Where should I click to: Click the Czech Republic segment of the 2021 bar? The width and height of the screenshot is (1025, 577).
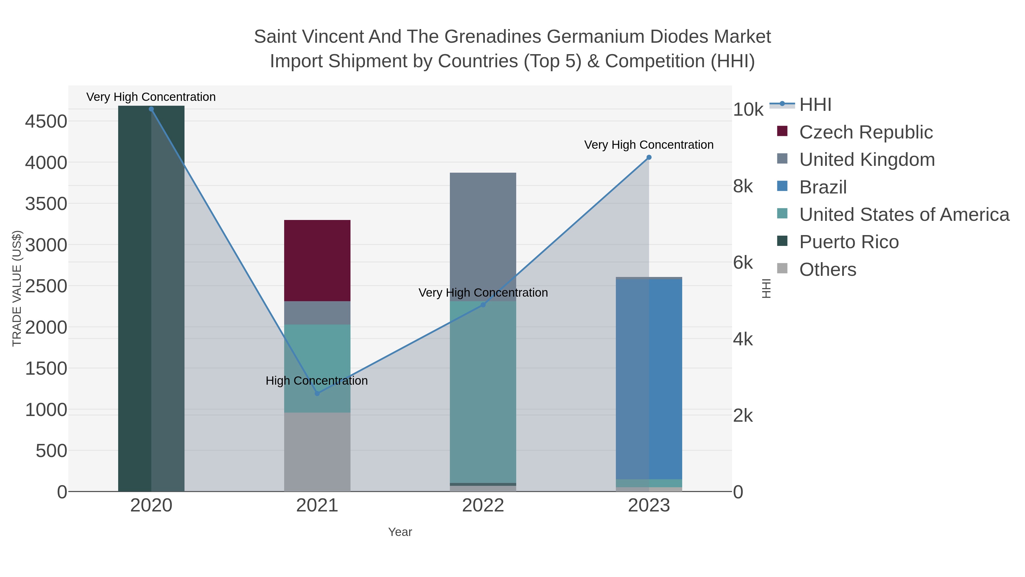317,260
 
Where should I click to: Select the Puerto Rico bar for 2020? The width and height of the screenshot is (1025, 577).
151,299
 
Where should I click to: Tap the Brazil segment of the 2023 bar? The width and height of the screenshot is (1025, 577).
649,378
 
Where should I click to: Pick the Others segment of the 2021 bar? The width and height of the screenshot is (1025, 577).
317,452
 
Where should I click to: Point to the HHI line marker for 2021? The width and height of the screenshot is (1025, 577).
317,393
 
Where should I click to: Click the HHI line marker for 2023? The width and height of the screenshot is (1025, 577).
649,157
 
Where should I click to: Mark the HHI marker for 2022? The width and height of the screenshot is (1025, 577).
483,305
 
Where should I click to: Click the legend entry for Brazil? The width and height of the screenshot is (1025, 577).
823,187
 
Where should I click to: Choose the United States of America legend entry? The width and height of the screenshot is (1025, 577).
903,215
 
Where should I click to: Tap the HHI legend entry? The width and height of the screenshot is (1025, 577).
815,105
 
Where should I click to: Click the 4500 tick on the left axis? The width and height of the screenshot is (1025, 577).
46,121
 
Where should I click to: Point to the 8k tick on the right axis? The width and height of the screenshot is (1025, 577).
743,186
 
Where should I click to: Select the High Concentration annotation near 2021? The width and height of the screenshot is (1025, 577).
316,381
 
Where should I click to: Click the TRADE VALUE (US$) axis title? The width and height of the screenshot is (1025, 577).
17,288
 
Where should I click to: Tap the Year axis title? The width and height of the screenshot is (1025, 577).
400,532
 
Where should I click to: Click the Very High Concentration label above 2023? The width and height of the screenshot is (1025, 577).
649,145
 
